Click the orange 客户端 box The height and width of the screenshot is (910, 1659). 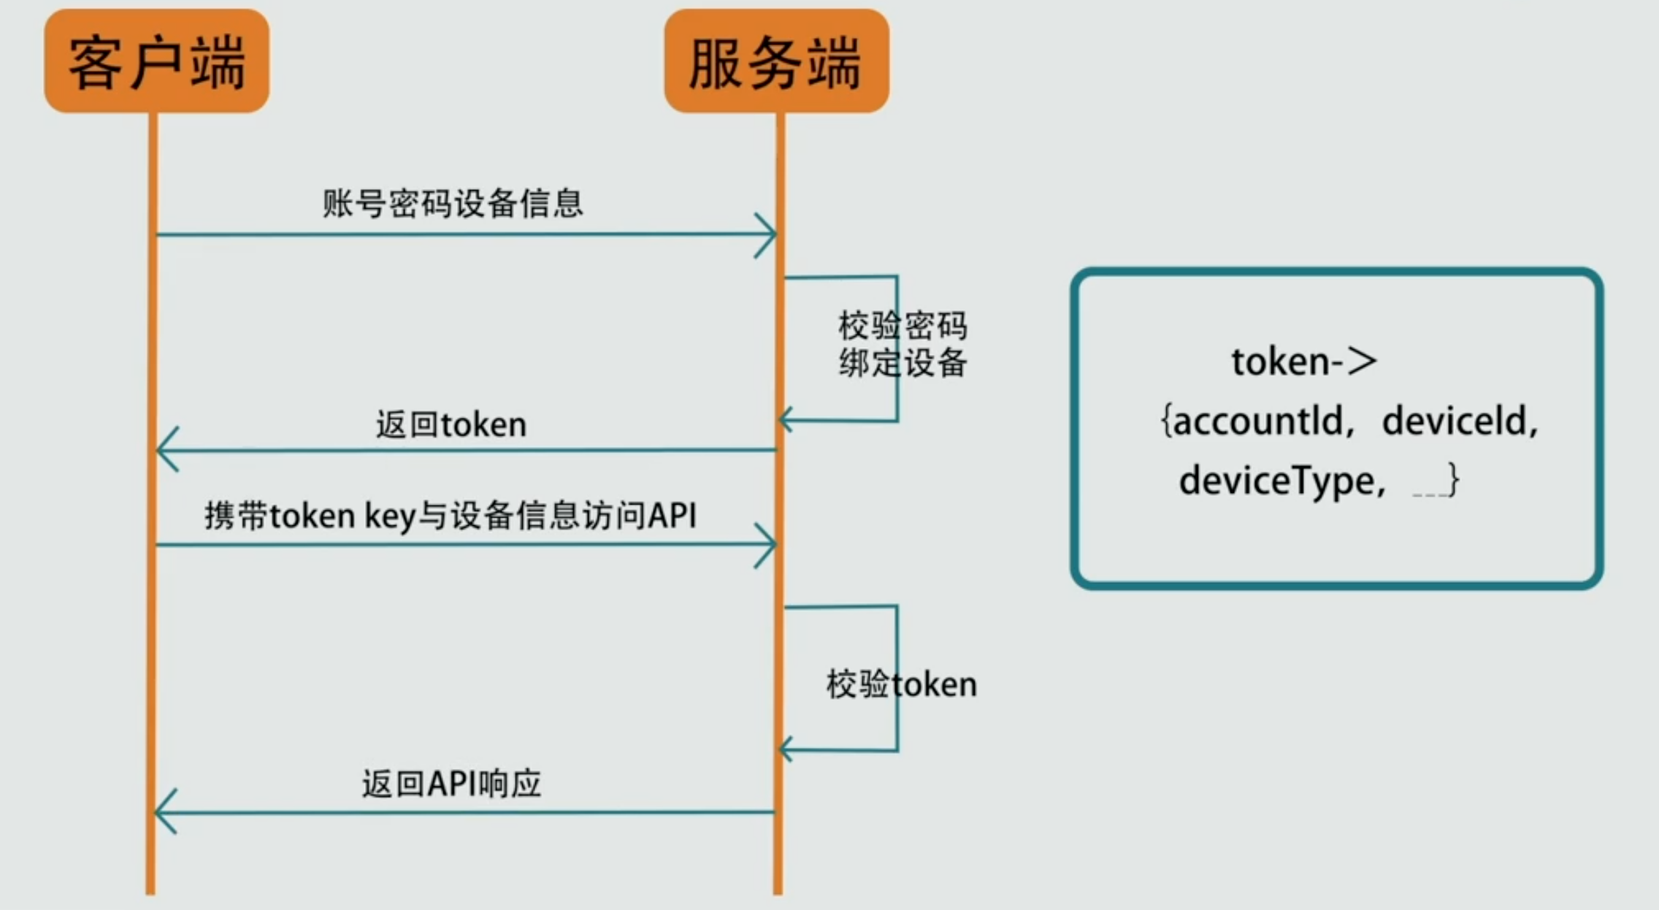point(156,61)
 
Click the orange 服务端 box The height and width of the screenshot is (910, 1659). point(776,61)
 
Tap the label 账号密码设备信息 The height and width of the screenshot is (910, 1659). point(453,203)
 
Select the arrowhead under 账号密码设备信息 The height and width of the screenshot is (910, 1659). point(767,235)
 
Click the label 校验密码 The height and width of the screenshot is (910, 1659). point(903,326)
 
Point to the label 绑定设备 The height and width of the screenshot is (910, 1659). point(903,363)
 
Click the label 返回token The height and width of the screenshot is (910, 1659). point(451,424)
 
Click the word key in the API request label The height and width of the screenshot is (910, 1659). point(390,516)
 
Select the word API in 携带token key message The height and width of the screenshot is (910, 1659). point(672,516)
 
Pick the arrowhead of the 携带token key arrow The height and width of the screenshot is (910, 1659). point(767,545)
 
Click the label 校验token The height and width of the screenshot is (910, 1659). point(901,685)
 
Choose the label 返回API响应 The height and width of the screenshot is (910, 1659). point(451,784)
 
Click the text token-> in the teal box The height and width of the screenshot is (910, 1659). point(1303,362)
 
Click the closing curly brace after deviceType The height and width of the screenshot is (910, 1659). point(1453,480)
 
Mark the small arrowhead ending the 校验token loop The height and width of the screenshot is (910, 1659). point(786,750)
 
